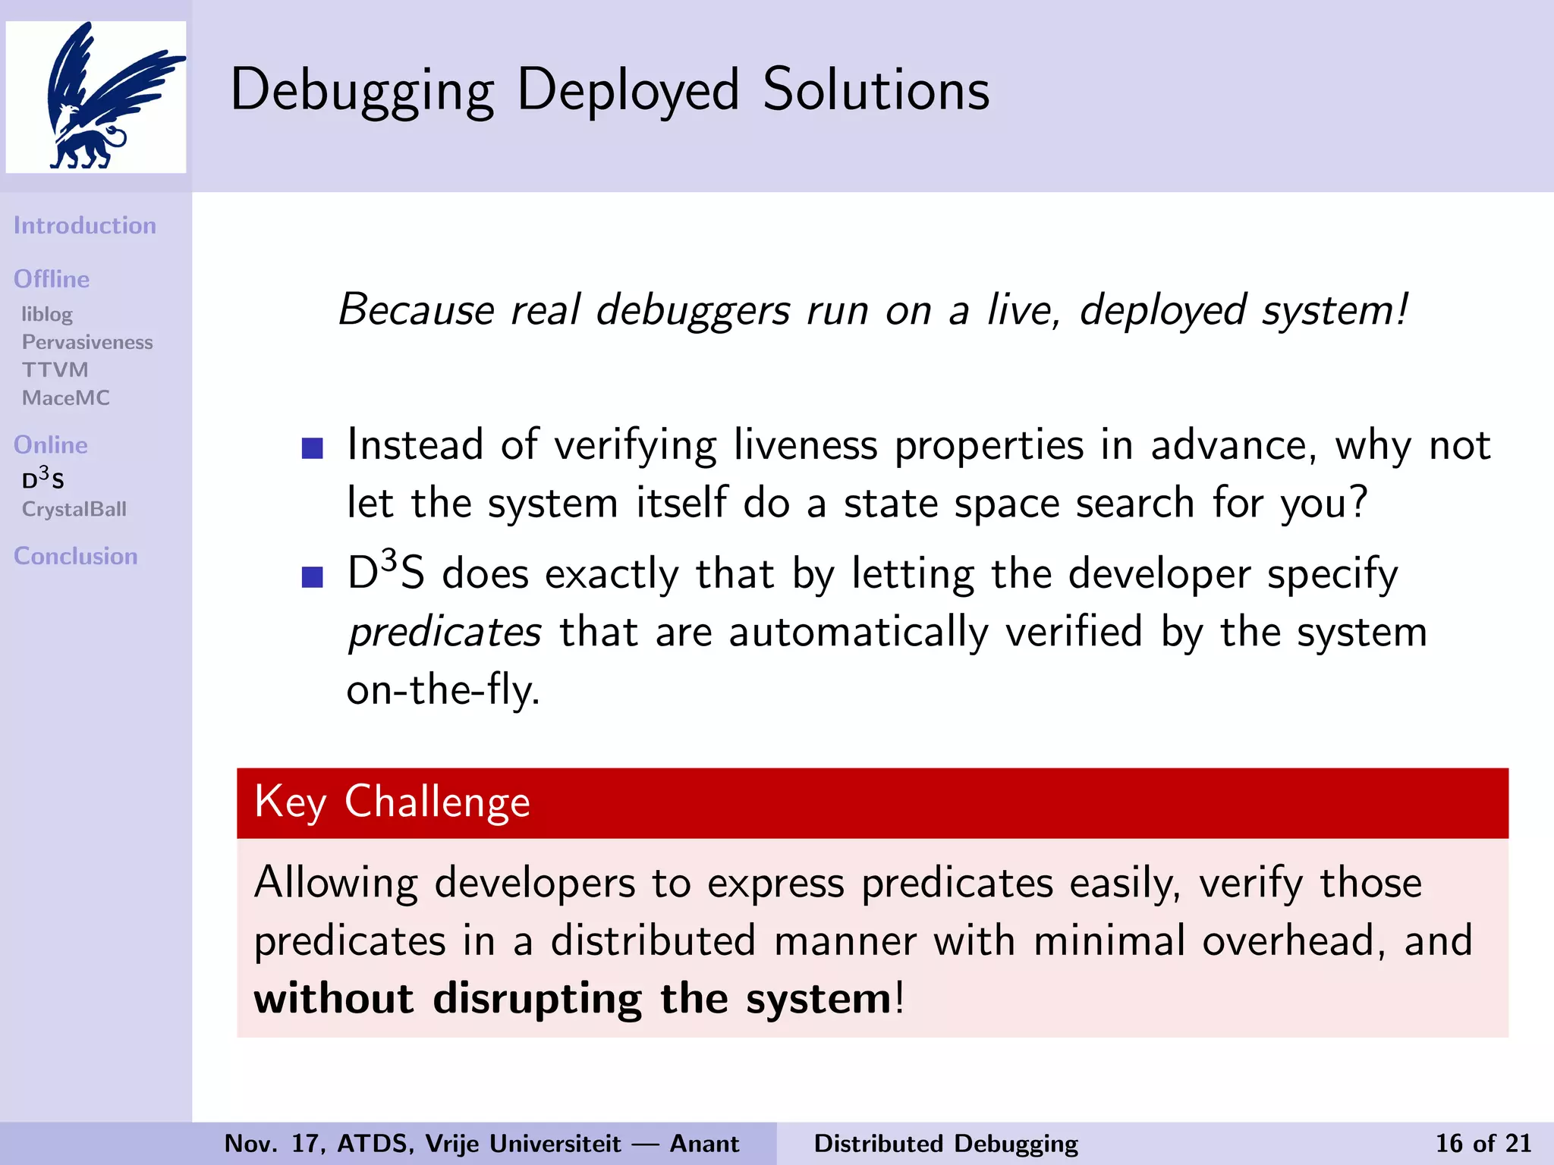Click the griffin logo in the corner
coord(96,96)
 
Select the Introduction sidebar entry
coord(85,225)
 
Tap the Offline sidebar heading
coord(52,279)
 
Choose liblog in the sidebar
coord(47,314)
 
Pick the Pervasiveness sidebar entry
coord(87,342)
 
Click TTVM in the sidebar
coord(55,369)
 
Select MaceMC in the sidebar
coord(66,397)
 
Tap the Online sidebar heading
coord(51,444)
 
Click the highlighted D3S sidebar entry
coord(43,479)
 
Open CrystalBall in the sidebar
coord(74,509)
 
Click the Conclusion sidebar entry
coord(76,556)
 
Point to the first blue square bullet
coord(312,448)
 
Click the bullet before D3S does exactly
coord(312,577)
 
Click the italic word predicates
coord(445,633)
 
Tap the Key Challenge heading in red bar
coord(392,802)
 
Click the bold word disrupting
coord(537,999)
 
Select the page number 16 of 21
coord(1483,1143)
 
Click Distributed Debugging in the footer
coord(945,1143)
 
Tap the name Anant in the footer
coord(704,1143)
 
